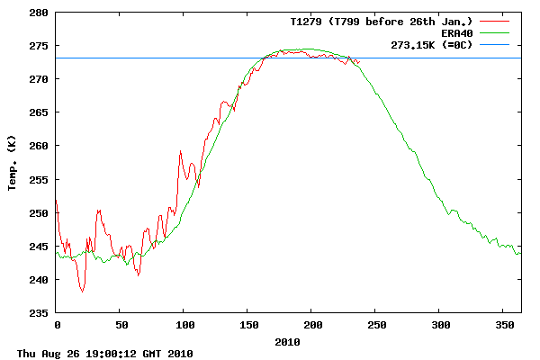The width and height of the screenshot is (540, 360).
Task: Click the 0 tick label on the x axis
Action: [57, 324]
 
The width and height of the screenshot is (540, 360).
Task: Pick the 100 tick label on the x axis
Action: [184, 324]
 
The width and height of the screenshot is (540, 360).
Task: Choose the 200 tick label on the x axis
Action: [311, 324]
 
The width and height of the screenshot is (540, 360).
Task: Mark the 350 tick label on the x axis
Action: [503, 324]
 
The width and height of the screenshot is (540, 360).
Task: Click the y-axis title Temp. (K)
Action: [13, 163]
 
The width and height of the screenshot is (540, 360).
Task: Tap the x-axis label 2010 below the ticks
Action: [288, 341]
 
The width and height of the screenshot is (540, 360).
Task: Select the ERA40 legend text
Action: [457, 32]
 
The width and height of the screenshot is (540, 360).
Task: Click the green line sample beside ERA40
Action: [494, 33]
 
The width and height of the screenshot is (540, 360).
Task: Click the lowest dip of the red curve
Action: [83, 292]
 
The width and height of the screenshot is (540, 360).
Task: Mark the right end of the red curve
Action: [359, 62]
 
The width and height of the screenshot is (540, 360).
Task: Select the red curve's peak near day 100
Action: [181, 151]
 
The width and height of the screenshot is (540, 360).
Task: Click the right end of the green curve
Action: [520, 253]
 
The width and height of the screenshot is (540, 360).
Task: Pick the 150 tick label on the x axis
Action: [247, 324]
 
